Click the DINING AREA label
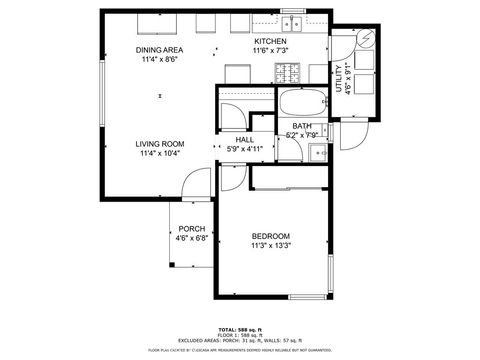tap(159, 50)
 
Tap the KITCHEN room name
tap(270, 41)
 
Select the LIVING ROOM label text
tap(159, 144)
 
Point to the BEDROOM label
tap(270, 236)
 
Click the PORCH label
tap(192, 229)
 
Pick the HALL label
tap(245, 140)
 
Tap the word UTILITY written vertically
tap(338, 78)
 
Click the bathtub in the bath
tap(302, 103)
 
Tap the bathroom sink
tap(317, 152)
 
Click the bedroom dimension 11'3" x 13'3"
tap(270, 246)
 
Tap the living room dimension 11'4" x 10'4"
tap(159, 154)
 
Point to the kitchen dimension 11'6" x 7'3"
tap(270, 51)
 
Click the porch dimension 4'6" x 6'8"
tap(192, 239)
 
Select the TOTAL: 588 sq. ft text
tap(240, 329)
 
